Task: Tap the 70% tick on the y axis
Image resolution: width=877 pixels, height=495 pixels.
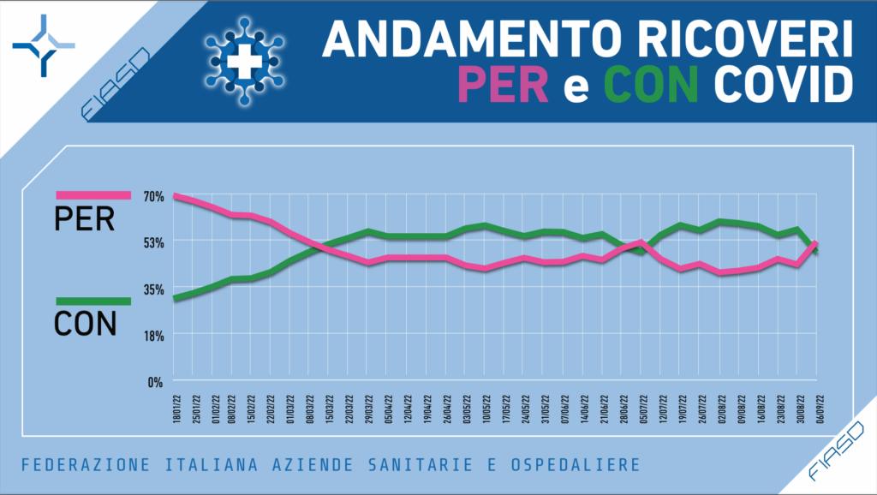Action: [x=153, y=196]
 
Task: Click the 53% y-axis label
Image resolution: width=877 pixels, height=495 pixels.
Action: [x=153, y=242]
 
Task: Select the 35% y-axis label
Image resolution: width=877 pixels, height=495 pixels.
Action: [x=153, y=289]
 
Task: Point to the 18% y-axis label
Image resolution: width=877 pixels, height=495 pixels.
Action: [x=153, y=336]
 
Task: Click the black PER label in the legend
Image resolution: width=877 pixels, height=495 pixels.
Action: [x=84, y=219]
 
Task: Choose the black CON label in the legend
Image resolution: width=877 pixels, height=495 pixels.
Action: [x=85, y=324]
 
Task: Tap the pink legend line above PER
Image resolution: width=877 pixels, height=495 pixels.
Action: [x=92, y=196]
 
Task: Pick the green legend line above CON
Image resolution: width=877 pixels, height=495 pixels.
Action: [x=92, y=301]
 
